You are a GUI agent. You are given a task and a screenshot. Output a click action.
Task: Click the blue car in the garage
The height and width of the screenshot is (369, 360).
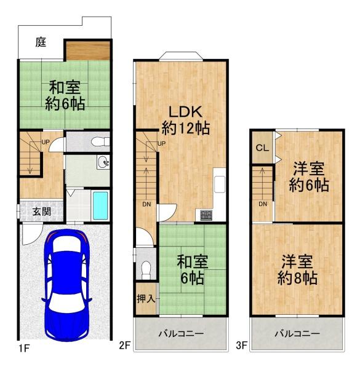point(66,285)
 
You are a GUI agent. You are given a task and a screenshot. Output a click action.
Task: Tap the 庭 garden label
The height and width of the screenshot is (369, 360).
point(41,42)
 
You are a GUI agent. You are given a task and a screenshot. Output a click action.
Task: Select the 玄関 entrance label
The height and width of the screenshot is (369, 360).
point(42,212)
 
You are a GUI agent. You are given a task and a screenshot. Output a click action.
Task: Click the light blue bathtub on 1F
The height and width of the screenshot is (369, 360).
point(100,205)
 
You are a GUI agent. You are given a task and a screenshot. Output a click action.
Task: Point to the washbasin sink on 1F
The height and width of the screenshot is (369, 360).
point(103,162)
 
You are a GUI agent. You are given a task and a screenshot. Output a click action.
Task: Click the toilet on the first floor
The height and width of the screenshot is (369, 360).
point(100,141)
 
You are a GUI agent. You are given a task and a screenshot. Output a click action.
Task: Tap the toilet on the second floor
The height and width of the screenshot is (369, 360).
point(146,270)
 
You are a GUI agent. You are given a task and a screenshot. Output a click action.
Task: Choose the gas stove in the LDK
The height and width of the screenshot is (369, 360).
point(206,215)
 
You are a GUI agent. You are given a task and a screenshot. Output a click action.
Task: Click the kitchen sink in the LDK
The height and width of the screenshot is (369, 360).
point(220,184)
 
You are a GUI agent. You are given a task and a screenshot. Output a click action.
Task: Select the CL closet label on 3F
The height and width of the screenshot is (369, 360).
point(262,148)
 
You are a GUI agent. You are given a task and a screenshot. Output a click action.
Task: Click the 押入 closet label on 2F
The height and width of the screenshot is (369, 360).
point(146,299)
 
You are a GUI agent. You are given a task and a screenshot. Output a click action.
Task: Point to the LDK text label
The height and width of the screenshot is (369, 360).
point(185,112)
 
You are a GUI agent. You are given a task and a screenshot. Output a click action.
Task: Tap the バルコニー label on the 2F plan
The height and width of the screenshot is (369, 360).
point(181,333)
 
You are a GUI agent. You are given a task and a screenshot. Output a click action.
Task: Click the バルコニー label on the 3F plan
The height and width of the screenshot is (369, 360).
point(297,333)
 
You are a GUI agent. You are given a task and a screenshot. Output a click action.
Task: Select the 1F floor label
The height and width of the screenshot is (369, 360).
point(24,348)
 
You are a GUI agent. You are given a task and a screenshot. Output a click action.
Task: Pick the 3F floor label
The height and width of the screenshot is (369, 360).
point(242,346)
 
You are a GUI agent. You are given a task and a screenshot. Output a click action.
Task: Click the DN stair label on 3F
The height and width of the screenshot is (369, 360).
point(263,204)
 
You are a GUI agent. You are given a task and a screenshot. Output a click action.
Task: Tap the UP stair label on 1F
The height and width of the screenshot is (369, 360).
point(46,142)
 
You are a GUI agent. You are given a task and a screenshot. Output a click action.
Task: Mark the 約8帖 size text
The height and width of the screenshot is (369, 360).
point(297,278)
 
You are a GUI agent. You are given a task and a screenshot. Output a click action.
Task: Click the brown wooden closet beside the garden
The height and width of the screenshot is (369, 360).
point(87,50)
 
